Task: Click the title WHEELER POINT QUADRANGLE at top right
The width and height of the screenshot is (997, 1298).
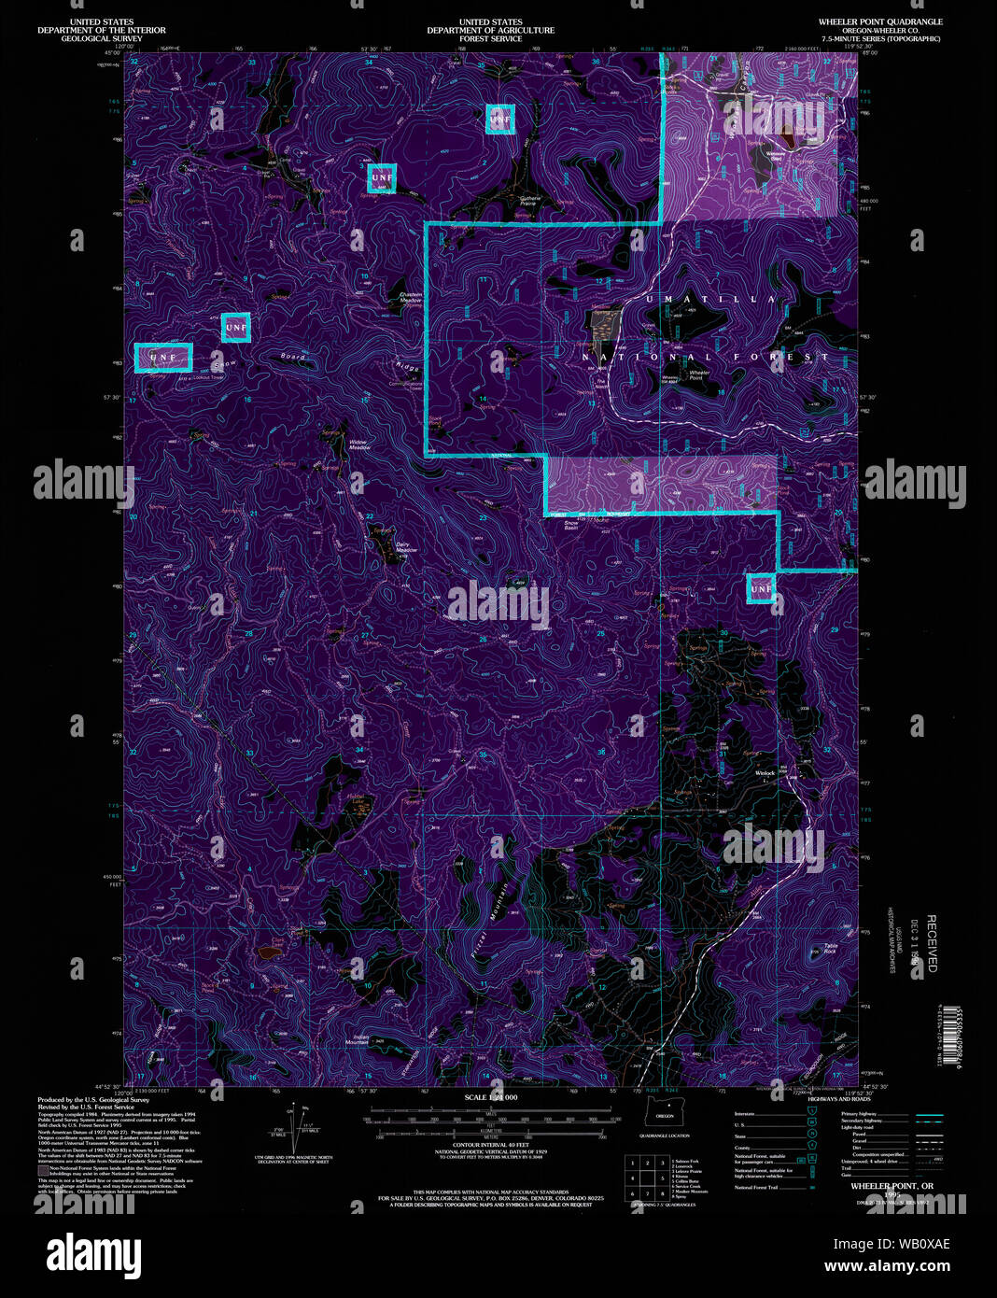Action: (880, 21)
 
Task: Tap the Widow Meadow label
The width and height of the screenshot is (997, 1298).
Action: (359, 445)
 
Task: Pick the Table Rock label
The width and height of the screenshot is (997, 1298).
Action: (830, 949)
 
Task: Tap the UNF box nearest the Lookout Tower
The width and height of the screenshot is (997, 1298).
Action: (163, 358)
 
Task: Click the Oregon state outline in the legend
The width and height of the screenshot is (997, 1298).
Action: (664, 1115)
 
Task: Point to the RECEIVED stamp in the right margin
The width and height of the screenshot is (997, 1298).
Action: (931, 943)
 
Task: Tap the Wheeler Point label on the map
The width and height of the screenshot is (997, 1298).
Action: (699, 375)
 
